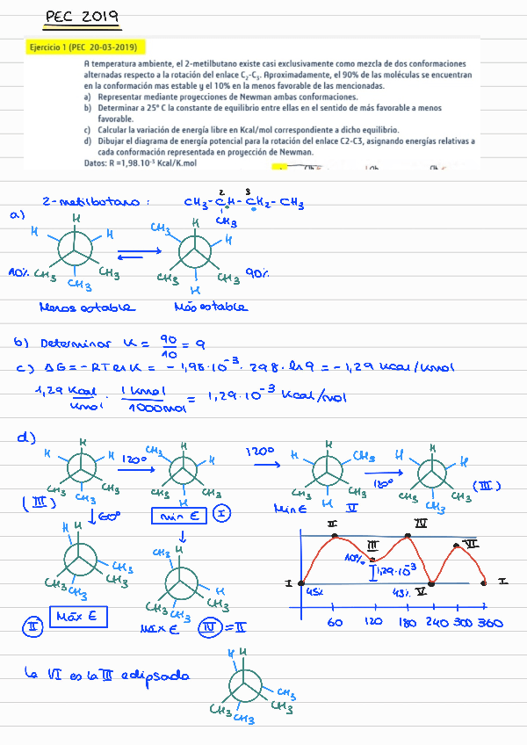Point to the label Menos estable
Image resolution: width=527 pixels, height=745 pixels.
87,307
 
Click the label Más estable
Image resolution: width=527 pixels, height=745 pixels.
211,307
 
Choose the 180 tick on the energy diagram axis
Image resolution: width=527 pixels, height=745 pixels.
408,621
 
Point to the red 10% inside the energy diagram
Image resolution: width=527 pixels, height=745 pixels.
355,558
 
